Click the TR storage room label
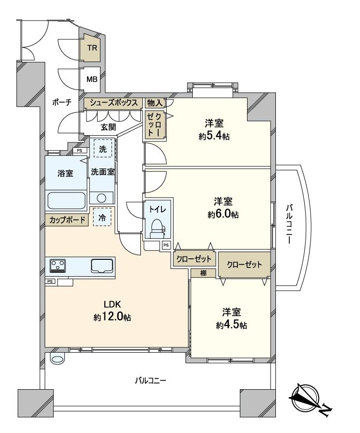point(92,48)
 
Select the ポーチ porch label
point(62,103)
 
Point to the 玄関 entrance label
point(108,127)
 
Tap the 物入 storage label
point(154,102)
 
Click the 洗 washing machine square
point(103,149)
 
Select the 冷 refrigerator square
point(102,217)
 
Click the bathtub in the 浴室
point(66,199)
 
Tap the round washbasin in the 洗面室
point(101,198)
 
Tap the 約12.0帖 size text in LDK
point(112,317)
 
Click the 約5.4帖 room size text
point(214,136)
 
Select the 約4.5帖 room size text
point(232,325)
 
